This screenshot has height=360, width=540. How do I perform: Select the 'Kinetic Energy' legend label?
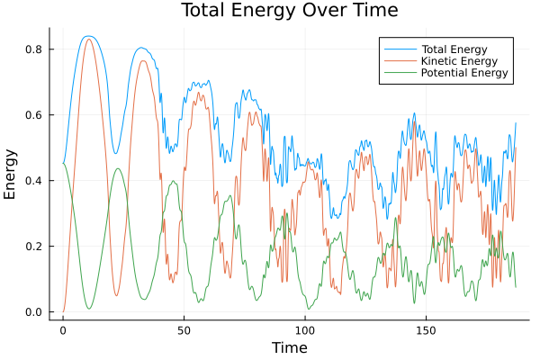[x=461, y=59]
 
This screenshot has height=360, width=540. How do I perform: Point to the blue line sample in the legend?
[x=397, y=47]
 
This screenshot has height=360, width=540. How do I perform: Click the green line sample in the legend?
[x=397, y=72]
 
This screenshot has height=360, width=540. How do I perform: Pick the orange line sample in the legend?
[x=397, y=59]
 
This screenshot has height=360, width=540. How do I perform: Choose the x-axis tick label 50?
[x=184, y=329]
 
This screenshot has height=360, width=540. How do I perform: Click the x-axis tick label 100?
[x=305, y=329]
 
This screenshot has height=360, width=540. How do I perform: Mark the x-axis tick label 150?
[x=426, y=329]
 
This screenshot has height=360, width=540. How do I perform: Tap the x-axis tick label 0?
[x=63, y=329]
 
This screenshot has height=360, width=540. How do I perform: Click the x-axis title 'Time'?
[x=290, y=347]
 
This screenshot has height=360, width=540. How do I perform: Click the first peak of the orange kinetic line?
[x=88, y=39]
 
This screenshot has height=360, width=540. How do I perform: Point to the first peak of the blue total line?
[x=87, y=36]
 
